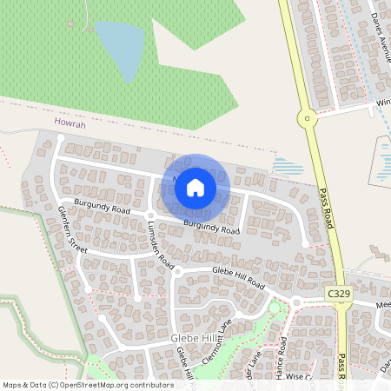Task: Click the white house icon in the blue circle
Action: pos(195,187)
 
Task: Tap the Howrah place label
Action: pos(70,124)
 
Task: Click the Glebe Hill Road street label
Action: pos(238,278)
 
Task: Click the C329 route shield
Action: pos(339,295)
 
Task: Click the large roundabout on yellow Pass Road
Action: pos(305,118)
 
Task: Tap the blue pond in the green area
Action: pos(120,48)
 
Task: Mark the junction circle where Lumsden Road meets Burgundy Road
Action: pos(149,214)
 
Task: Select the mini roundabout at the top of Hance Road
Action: pos(296,302)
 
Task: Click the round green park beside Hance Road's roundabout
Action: pos(277,306)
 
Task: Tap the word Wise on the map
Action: pos(298,377)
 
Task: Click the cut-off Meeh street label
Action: pos(383,306)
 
